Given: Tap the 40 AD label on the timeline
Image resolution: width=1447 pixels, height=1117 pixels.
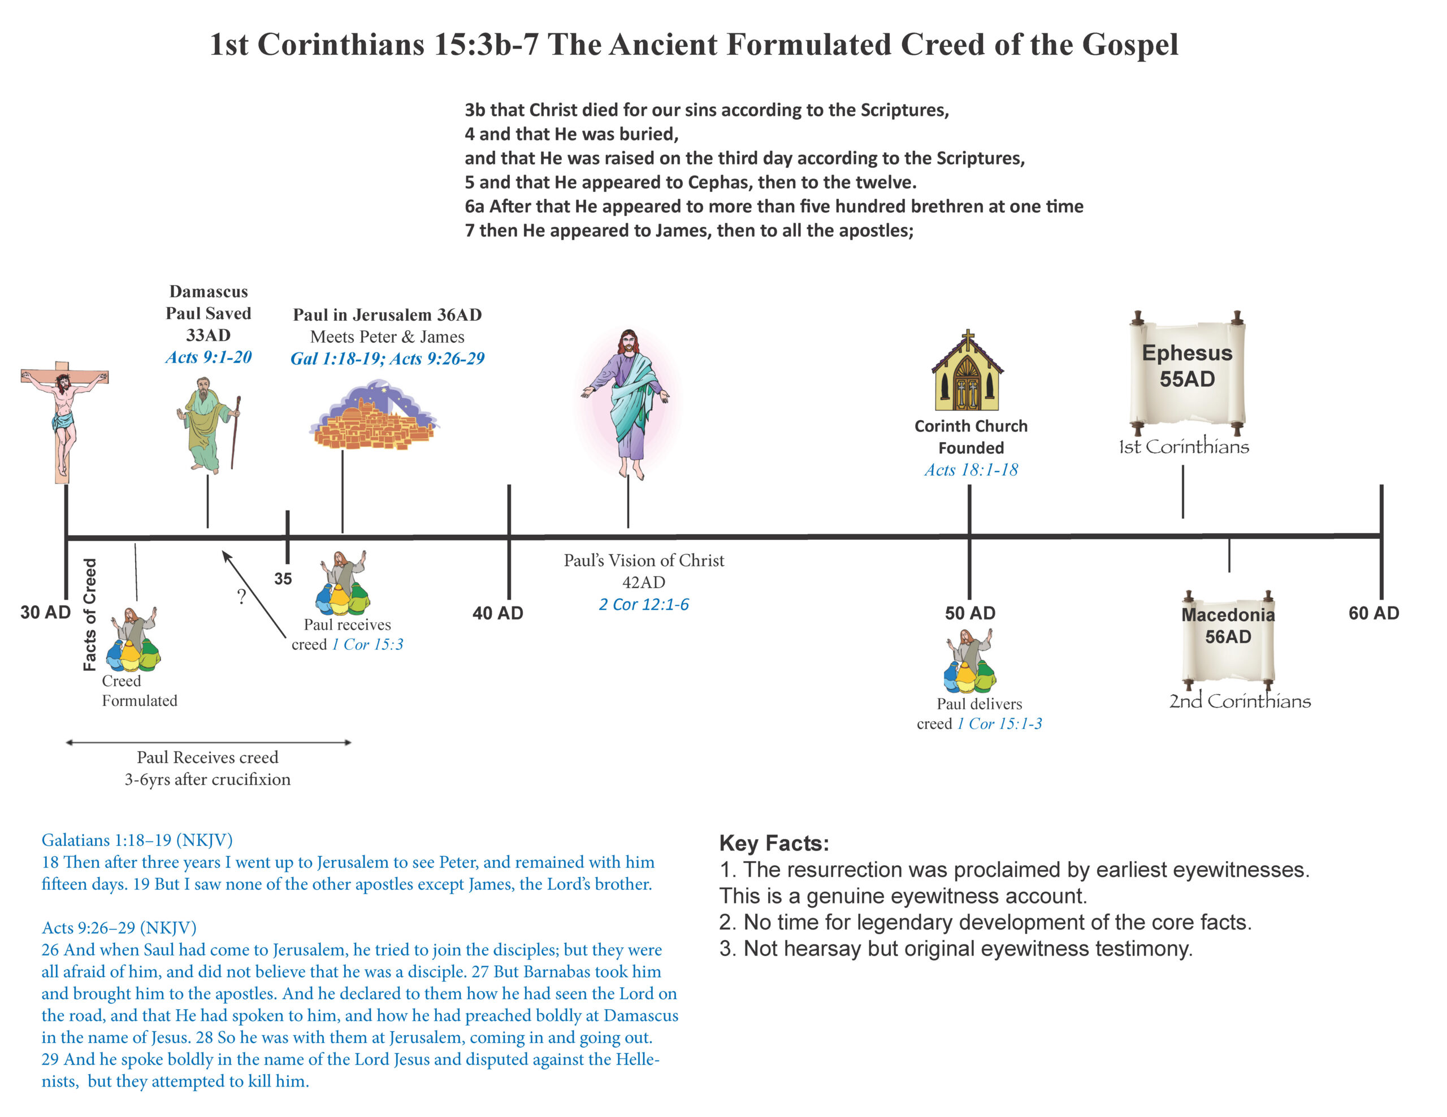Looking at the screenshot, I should (x=497, y=613).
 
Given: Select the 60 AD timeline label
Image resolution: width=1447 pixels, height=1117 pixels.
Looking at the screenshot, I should (x=1374, y=613).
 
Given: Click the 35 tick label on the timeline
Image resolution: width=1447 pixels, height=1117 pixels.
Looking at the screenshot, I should (x=283, y=579).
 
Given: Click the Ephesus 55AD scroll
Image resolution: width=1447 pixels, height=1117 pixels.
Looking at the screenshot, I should (x=1186, y=371).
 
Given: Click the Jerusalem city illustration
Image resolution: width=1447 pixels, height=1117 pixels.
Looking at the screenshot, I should (x=374, y=417).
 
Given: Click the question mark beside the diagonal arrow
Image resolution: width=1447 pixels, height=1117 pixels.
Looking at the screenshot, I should (x=242, y=596).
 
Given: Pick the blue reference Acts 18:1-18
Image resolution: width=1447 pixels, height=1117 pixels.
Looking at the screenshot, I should (x=971, y=470).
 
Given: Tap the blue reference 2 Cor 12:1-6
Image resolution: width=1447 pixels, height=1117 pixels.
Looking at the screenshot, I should (x=643, y=604).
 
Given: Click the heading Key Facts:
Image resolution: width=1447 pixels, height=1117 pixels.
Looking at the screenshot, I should (x=774, y=843).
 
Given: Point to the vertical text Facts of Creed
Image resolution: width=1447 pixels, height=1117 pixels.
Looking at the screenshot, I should (x=90, y=614).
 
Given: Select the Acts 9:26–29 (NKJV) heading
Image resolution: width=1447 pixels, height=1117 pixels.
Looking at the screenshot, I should (x=119, y=928).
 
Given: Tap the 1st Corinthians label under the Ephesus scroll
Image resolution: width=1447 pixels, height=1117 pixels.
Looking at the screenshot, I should (x=1183, y=447).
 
